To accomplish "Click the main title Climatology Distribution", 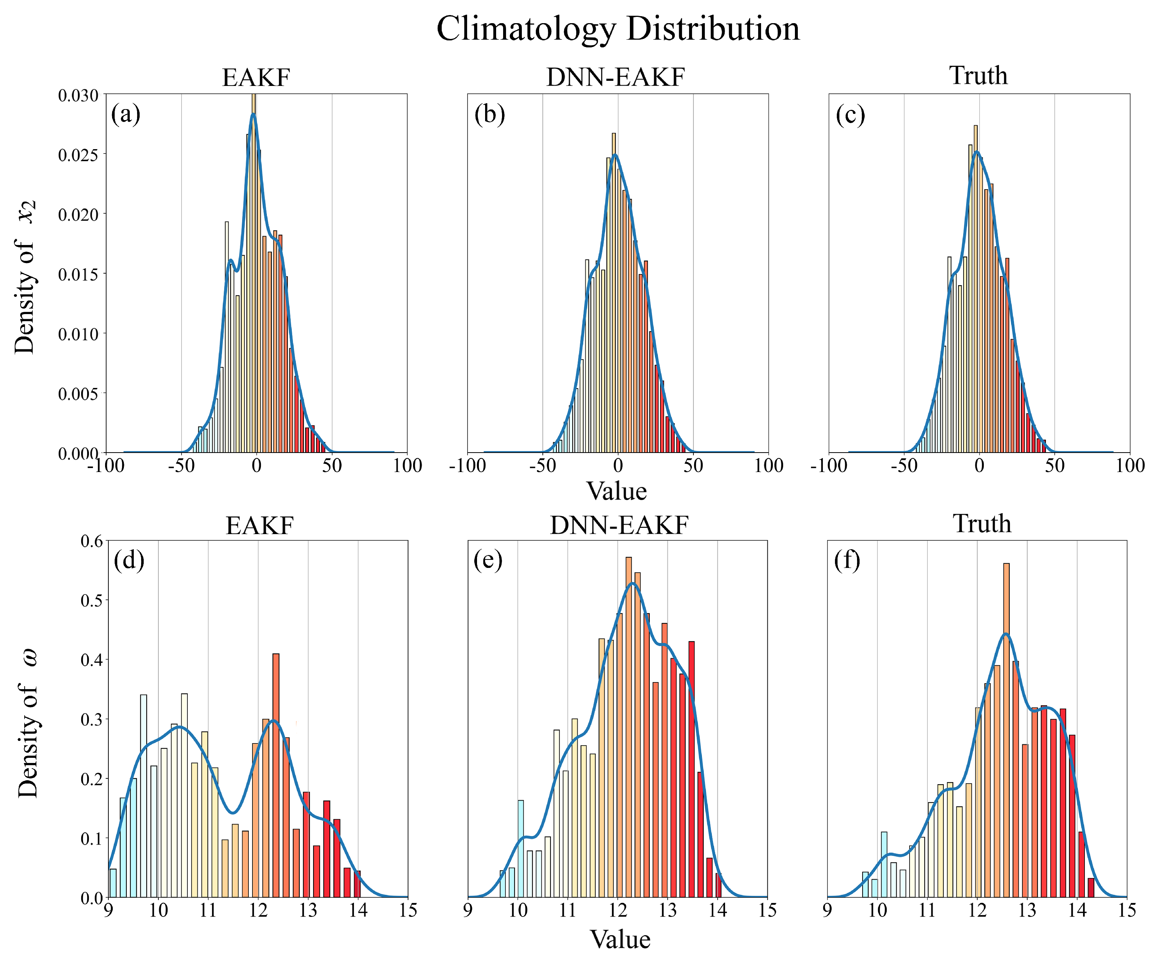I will point(618,29).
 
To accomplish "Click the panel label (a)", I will point(126,115).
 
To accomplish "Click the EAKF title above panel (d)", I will point(259,525).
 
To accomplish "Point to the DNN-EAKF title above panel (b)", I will point(616,77).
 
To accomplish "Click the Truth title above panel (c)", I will point(978,76).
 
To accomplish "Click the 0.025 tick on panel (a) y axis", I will point(78,155).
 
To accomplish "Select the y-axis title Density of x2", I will point(25,276).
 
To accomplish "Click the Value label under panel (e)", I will point(620,940).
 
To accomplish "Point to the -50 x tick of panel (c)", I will point(904,466).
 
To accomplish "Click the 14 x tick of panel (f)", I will point(1077,910).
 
